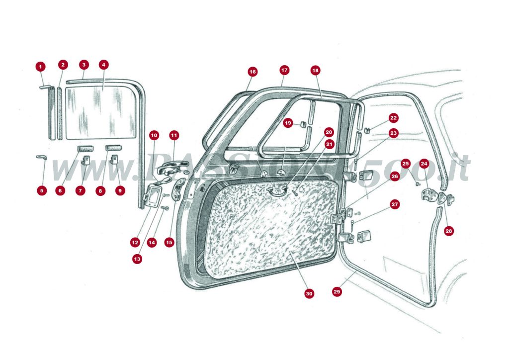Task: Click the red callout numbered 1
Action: (40, 66)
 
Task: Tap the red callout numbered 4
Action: (103, 65)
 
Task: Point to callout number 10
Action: (154, 135)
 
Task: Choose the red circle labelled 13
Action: (137, 259)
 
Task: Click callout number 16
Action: (253, 72)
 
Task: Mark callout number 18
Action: (315, 71)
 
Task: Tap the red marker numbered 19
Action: (288, 123)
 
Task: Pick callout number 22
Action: (393, 118)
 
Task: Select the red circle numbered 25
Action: (406, 163)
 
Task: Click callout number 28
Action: (449, 231)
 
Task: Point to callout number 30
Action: (309, 294)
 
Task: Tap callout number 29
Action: (337, 292)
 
